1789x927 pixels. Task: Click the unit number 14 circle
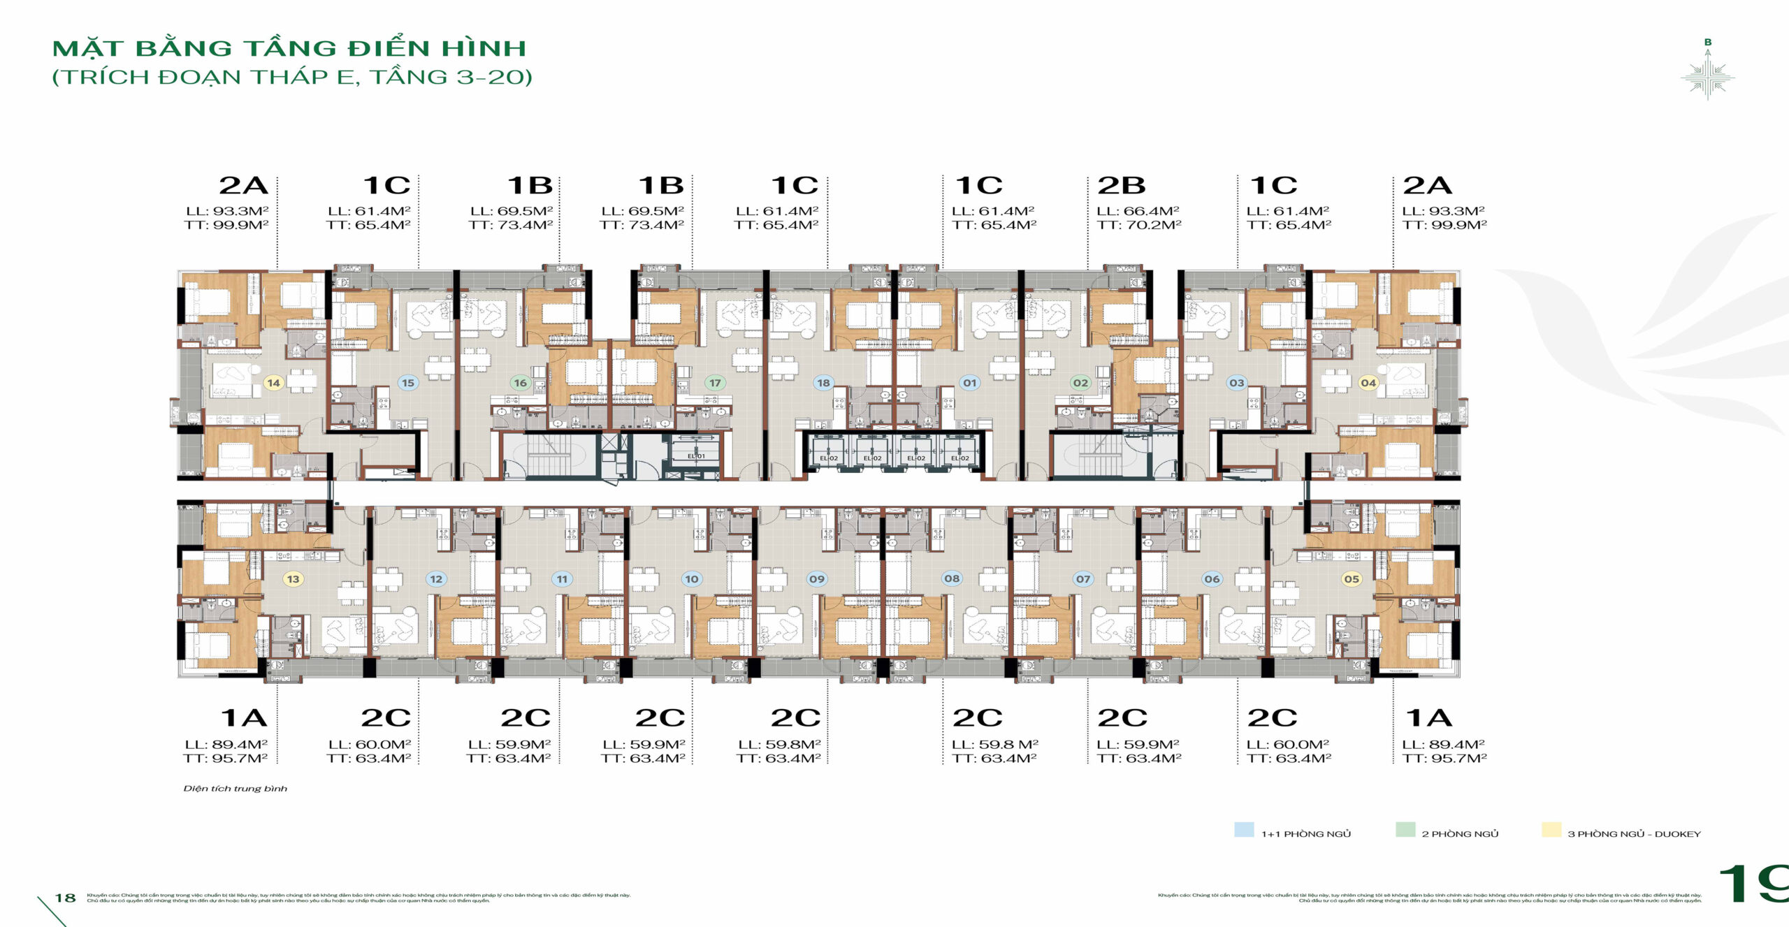[x=273, y=383]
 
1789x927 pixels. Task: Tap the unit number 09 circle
[x=816, y=579]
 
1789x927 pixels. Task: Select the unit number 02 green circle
[x=1080, y=383]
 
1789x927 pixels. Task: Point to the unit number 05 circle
[x=1352, y=579]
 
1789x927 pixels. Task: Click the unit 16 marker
[x=520, y=383]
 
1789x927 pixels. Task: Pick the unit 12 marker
[x=436, y=579]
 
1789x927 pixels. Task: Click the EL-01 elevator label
[x=696, y=456]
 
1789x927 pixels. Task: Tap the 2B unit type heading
[x=1121, y=186]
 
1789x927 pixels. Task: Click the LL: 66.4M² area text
[x=1138, y=211]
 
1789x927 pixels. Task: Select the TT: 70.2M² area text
[x=1139, y=225]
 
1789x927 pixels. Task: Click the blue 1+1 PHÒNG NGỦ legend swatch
[x=1244, y=830]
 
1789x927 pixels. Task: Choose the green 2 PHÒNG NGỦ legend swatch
[x=1405, y=830]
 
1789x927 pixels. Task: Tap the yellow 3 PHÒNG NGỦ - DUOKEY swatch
[x=1551, y=830]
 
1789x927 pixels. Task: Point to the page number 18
[x=66, y=898]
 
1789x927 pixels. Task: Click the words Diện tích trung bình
[x=235, y=789]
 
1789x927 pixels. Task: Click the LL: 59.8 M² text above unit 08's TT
[x=994, y=745]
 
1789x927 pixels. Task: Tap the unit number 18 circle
[x=823, y=383]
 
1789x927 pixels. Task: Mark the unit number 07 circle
[x=1082, y=579]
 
